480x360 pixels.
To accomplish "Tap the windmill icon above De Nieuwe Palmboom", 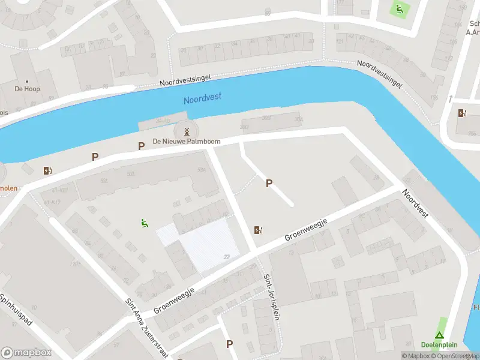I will [x=187, y=131].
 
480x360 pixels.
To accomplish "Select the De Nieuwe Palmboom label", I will [x=187, y=142].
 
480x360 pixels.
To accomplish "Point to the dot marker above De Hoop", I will [x=26, y=81].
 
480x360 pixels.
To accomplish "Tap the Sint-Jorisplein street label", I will [x=271, y=297].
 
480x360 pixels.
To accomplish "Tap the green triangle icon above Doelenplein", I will [x=440, y=336].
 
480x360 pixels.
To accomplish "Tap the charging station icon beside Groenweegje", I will [x=259, y=230].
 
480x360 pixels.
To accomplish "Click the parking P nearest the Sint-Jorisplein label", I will [x=229, y=344].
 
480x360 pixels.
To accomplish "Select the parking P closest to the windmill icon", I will [x=142, y=146].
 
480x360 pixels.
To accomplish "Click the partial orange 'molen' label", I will [x=8, y=188].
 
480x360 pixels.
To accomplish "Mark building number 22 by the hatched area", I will [x=227, y=257].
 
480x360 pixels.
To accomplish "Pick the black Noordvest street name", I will [x=415, y=204].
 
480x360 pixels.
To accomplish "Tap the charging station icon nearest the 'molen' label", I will [x=47, y=170].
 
